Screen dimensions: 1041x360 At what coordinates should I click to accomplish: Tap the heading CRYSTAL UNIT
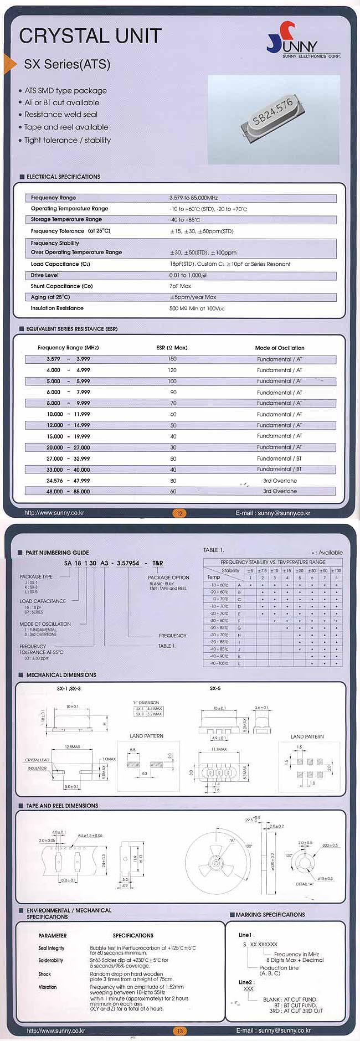tap(90, 36)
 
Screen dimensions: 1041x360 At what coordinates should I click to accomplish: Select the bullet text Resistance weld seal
tap(61, 115)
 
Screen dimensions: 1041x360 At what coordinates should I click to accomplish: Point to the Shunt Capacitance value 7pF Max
tap(180, 286)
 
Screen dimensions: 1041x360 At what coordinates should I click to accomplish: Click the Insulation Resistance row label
tap(57, 308)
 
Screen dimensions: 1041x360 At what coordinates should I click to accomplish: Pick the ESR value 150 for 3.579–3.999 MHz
tap(172, 359)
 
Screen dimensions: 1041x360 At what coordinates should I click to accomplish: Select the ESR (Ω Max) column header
tap(172, 348)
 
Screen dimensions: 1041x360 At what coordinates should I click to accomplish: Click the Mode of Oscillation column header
tap(279, 348)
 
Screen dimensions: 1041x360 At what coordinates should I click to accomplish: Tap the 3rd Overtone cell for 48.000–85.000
tap(280, 491)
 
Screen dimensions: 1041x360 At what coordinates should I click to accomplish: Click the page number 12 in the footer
tap(179, 513)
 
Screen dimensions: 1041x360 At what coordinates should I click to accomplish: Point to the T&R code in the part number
tap(157, 563)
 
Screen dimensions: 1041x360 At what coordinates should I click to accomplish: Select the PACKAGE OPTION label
tap(168, 578)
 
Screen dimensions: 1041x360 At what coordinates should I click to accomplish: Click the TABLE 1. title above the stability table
tap(214, 550)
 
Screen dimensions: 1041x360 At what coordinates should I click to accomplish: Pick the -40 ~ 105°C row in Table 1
tap(219, 663)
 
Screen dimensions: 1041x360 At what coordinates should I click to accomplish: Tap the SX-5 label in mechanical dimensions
tap(215, 688)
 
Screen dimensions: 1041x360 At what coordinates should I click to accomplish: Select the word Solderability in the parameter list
tap(50, 960)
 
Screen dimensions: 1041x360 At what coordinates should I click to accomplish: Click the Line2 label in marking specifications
tap(245, 982)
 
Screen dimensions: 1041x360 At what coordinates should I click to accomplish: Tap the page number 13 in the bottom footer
tap(179, 1031)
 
